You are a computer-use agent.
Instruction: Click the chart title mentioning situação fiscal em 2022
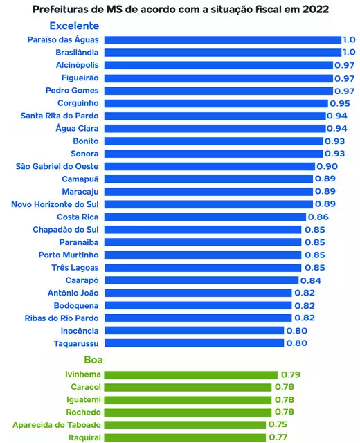pyautogui.click(x=180, y=10)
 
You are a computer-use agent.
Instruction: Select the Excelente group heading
pyautogui.click(x=74, y=26)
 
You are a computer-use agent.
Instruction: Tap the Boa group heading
pyautogui.click(x=93, y=360)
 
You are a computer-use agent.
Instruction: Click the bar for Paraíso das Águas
pyautogui.click(x=222, y=40)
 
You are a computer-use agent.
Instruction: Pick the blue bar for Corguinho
pyautogui.click(x=215, y=103)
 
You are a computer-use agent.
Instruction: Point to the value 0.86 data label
pyautogui.click(x=317, y=217)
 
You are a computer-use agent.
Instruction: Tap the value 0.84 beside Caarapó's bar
pyautogui.click(x=311, y=280)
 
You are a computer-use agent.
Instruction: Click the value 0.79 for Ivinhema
pyautogui.click(x=290, y=374)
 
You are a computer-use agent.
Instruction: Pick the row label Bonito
pyautogui.click(x=85, y=141)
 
